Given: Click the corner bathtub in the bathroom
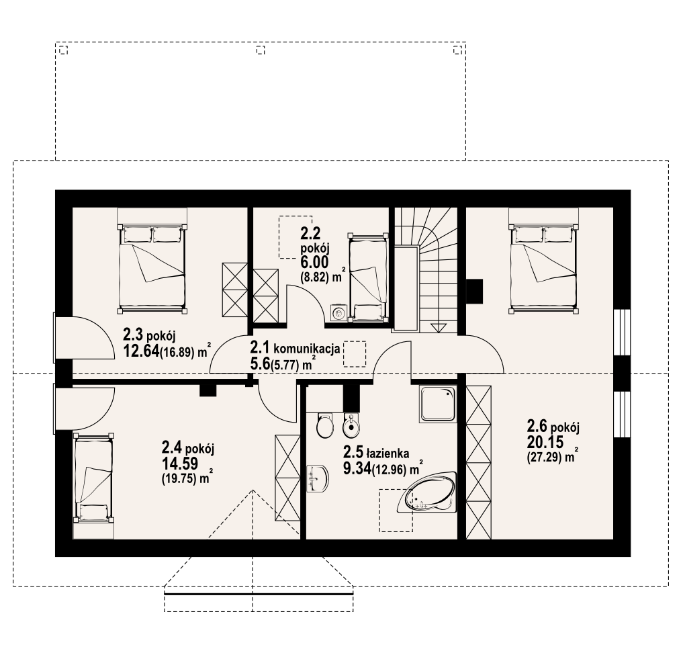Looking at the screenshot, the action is pyautogui.click(x=428, y=492).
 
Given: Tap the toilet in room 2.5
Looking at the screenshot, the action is pyautogui.click(x=324, y=425).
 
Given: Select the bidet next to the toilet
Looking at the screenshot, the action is pyautogui.click(x=351, y=425).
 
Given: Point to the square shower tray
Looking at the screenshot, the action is pyautogui.click(x=438, y=404).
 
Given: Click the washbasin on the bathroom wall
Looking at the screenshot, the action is pyautogui.click(x=318, y=479).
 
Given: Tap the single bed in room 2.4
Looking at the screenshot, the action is pyautogui.click(x=93, y=478).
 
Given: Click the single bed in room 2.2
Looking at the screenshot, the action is pyautogui.click(x=368, y=277).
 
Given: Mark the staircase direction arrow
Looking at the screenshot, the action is pyautogui.click(x=439, y=327).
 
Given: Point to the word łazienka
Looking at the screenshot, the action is pyautogui.click(x=388, y=453).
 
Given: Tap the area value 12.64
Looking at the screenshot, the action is pyautogui.click(x=141, y=351).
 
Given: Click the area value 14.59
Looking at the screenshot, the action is pyautogui.click(x=180, y=464).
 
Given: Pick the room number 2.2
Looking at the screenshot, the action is pyautogui.click(x=310, y=234).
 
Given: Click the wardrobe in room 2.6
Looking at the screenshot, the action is pyautogui.click(x=479, y=462).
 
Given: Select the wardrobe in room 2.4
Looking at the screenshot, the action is pyautogui.click(x=287, y=478).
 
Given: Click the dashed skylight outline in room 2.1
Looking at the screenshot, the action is pyautogui.click(x=355, y=354).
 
